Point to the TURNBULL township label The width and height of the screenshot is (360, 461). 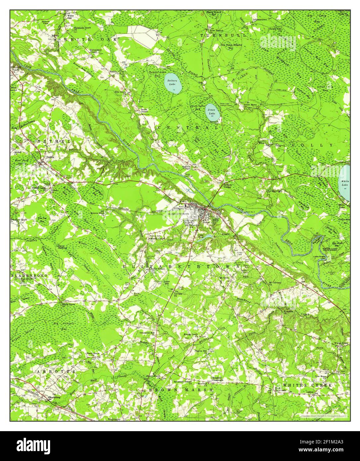coord(223,35)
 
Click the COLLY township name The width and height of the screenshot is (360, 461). coord(312,145)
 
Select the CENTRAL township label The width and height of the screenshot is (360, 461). coord(187,127)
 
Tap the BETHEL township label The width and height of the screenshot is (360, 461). coord(54,141)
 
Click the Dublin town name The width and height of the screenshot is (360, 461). coord(50,157)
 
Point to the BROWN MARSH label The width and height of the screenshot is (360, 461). coord(181,390)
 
